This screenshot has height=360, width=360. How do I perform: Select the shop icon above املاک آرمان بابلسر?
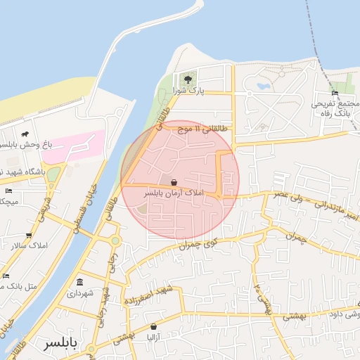[x=174, y=182]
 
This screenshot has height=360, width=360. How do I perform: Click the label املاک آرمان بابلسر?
[x=173, y=192]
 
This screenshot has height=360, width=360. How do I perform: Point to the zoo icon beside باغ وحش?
[x=25, y=134]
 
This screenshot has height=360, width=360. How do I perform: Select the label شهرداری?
[x=79, y=294]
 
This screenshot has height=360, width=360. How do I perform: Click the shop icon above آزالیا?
[x=153, y=326]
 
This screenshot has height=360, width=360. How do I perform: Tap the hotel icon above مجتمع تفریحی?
[x=335, y=93]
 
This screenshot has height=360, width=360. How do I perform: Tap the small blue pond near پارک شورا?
[x=264, y=86]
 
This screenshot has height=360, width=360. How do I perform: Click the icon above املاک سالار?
[x=28, y=236]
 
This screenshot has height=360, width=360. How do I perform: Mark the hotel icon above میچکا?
[x=8, y=191]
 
